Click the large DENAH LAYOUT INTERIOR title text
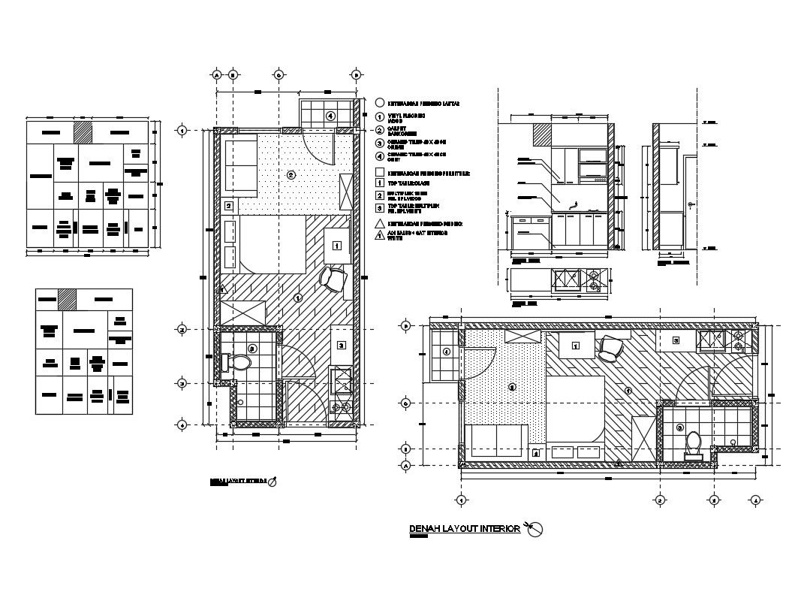[465, 530]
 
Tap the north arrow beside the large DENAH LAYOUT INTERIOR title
[535, 530]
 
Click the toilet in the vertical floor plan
[239, 363]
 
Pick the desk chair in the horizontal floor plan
[611, 348]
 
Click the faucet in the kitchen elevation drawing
[574, 204]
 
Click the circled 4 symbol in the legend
[380, 156]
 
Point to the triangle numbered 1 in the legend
[380, 236]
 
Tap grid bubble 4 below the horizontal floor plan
[756, 500]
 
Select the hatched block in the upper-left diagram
[83, 132]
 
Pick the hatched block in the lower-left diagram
[68, 298]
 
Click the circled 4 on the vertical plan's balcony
[330, 116]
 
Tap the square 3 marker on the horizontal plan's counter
[676, 341]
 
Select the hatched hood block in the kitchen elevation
[542, 135]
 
